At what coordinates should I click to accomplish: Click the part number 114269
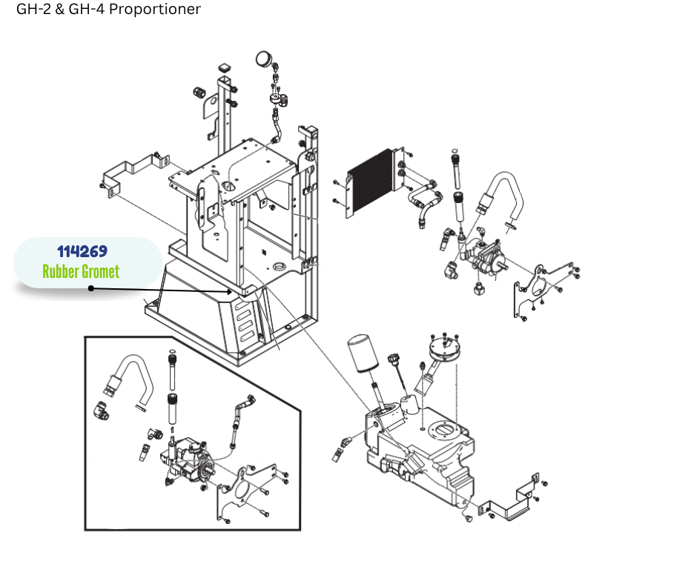pos(82,253)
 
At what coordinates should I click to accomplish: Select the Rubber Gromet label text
pos(81,272)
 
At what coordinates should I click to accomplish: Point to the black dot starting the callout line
pos(91,288)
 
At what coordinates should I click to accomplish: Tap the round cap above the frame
pos(263,59)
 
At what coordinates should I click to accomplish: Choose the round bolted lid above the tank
pos(444,348)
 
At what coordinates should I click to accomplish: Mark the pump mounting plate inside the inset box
pos(245,496)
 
